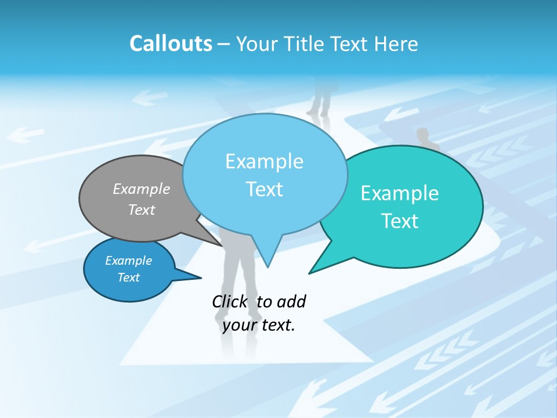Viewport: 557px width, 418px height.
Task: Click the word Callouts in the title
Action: click(x=171, y=44)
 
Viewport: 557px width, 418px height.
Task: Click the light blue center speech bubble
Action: click(x=265, y=174)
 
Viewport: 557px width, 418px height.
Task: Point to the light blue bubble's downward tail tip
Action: click(x=267, y=266)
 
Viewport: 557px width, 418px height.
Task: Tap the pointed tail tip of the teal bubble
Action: click(x=310, y=272)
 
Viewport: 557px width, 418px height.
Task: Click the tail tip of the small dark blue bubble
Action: click(x=201, y=278)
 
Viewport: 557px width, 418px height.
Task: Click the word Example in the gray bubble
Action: click(x=142, y=189)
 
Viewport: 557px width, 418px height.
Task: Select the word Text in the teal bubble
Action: click(x=400, y=221)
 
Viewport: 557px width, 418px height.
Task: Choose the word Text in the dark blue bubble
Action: click(x=129, y=278)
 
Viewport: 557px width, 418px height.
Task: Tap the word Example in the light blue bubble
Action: click(x=265, y=161)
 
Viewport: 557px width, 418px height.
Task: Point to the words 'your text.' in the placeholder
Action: click(x=259, y=325)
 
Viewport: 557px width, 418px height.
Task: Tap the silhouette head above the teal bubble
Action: click(x=423, y=134)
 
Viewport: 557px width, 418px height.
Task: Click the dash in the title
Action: click(x=225, y=44)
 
